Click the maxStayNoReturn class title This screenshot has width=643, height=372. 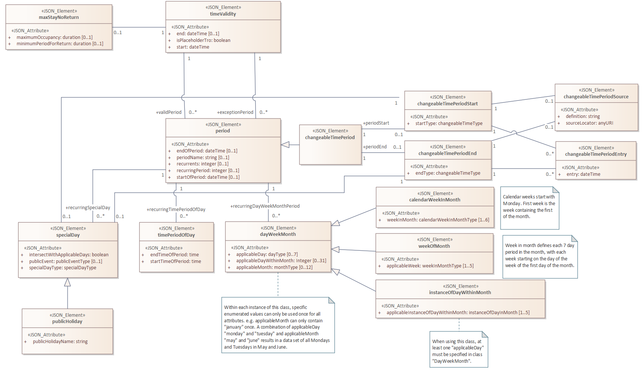pyautogui.click(x=59, y=17)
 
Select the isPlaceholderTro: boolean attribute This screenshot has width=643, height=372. pyautogui.click(x=203, y=40)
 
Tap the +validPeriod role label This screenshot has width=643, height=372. pyautogui.click(x=169, y=112)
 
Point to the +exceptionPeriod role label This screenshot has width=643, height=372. pyautogui.click(x=235, y=112)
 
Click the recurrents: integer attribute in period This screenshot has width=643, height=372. pyautogui.click(x=202, y=164)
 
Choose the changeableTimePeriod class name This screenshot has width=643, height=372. pyautogui.click(x=330, y=138)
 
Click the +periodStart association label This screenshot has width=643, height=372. pyautogui.click(x=376, y=123)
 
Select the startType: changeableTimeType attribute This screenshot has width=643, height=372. pyautogui.click(x=449, y=124)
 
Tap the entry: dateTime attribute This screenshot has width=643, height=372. pyautogui.click(x=583, y=174)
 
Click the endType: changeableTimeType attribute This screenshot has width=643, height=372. pyautogui.click(x=448, y=173)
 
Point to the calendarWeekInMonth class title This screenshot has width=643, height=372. pyautogui.click(x=435, y=200)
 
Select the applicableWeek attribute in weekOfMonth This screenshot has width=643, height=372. pyautogui.click(x=430, y=266)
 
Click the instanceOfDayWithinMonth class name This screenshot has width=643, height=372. pyautogui.click(x=460, y=293)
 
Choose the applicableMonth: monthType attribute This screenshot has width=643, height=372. pyautogui.click(x=274, y=267)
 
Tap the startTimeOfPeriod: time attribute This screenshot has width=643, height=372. pyautogui.click(x=176, y=261)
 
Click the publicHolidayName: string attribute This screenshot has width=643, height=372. pyautogui.click(x=60, y=342)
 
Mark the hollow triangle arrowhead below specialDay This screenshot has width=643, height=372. pyautogui.click(x=67, y=282)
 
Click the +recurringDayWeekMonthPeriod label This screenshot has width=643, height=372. pyautogui.click(x=265, y=206)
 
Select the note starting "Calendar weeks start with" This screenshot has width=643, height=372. pyautogui.click(x=530, y=208)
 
